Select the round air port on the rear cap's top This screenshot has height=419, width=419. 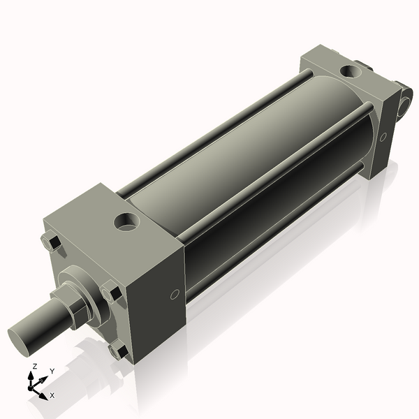point(348,71)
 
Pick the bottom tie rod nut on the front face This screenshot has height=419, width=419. point(119,351)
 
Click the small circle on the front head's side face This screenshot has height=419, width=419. point(175,294)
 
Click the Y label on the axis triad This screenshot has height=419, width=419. point(52,372)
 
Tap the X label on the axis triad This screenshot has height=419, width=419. point(52,395)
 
